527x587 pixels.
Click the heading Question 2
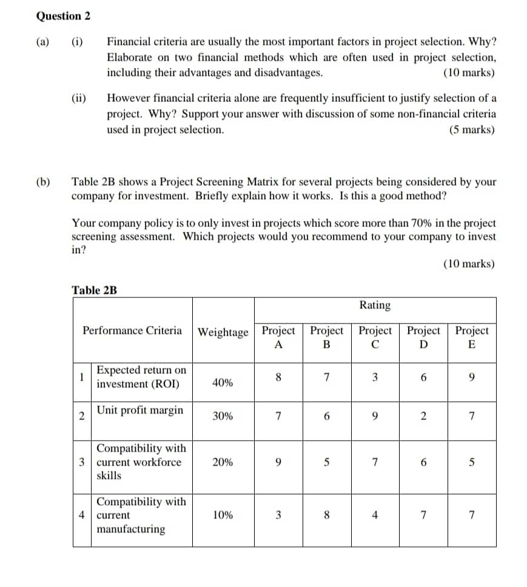(64, 16)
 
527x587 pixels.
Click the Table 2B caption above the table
(94, 290)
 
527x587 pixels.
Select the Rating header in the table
(375, 305)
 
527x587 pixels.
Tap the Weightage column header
(223, 332)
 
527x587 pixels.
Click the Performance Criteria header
(132, 330)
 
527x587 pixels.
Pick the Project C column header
(375, 338)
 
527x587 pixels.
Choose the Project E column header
(471, 338)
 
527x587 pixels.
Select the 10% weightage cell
(223, 515)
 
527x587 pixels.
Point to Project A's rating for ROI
(278, 377)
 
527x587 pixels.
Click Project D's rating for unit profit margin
(423, 416)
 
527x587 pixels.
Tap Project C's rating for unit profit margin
(375, 416)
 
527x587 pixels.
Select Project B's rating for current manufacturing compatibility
(326, 515)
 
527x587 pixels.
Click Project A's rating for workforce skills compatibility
(278, 462)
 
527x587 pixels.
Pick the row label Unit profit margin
(140, 410)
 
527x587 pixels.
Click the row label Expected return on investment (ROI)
(141, 377)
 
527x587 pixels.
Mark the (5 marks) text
(471, 130)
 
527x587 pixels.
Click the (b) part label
(43, 182)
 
